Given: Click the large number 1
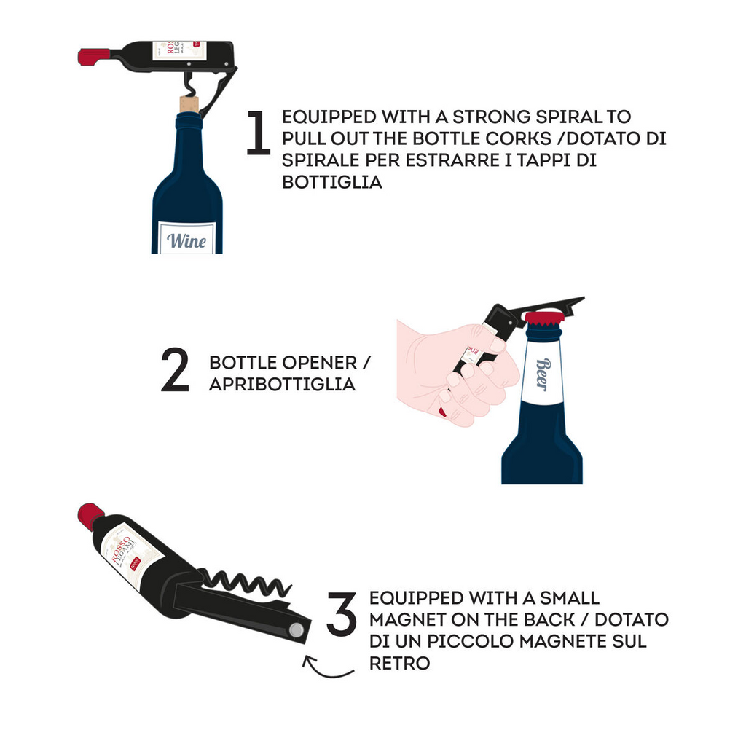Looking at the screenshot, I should point(258,133).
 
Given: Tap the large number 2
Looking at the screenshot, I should point(175,372).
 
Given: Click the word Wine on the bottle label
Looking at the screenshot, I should point(186,240).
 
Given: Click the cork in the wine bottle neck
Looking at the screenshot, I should point(189,103).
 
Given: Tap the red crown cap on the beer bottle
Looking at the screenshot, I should point(544,318).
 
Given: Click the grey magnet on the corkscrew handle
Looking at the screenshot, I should point(297,629).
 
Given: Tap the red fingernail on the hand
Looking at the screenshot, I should point(442,412).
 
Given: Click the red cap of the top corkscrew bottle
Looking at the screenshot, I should point(93,56).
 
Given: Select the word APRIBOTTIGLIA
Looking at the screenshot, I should point(282,385).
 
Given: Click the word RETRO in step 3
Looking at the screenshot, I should point(399,664).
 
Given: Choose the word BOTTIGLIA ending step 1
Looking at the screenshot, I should point(332,182).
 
